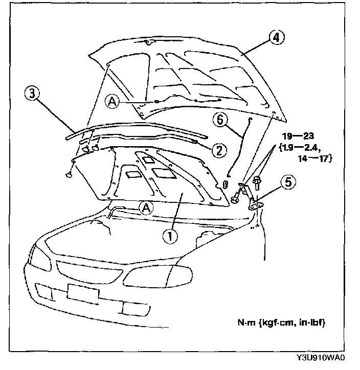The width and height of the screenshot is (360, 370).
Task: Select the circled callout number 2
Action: coord(219,149)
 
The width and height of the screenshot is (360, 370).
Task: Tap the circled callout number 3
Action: coord(32,94)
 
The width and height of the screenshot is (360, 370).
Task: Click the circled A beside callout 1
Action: coord(146,207)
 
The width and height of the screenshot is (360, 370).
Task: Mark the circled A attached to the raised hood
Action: coord(112,101)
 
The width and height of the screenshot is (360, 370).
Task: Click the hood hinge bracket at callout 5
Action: coord(254,203)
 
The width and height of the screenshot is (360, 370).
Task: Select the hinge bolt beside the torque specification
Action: coord(256,180)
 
